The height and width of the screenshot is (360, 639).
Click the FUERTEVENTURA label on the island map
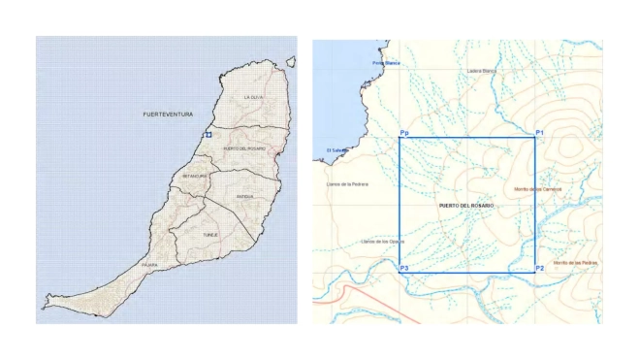pos(163,115)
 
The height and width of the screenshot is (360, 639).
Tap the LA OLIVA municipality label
pos(253,97)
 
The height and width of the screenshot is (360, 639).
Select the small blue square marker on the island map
pos(208,135)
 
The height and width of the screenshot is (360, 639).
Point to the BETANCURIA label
pos(194,177)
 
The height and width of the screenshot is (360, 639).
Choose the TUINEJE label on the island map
pos(210,235)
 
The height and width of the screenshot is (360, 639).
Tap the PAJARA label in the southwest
pos(149,264)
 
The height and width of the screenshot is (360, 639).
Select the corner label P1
pos(540,131)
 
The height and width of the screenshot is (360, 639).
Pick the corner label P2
pos(540,267)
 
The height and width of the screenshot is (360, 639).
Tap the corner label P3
pos(403,267)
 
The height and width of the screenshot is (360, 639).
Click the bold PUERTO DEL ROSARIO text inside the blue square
pos(465,207)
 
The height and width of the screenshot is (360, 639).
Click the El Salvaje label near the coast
pos(336,150)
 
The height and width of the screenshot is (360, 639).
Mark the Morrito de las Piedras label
pos(573,263)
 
